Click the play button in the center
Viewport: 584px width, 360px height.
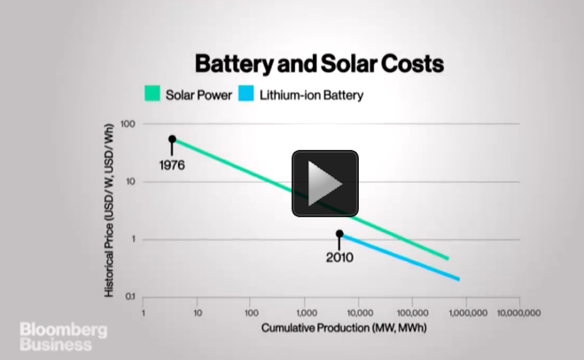tap(324, 184)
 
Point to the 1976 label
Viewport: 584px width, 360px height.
tap(171, 165)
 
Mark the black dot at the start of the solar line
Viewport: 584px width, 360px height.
tap(172, 139)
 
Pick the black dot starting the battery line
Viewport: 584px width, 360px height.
tap(339, 234)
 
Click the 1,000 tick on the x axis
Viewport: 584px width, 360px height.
tap(305, 313)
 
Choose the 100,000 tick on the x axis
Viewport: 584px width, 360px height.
tap(412, 313)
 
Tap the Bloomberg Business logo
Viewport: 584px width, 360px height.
tap(65, 338)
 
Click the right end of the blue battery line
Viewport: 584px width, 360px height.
tap(459, 279)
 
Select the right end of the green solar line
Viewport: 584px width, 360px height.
tap(448, 258)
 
